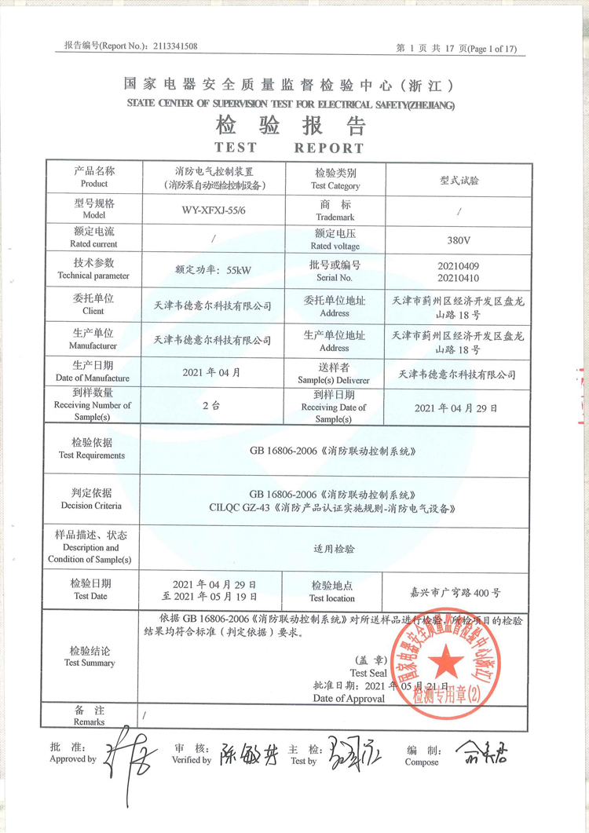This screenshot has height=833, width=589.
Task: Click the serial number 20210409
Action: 457,266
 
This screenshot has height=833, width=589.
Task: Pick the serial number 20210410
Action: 457,278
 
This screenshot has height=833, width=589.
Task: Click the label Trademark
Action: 335,216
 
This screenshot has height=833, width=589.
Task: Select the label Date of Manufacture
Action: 93,378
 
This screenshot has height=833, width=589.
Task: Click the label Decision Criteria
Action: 92,506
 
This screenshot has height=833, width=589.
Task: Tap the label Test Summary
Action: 90,663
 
